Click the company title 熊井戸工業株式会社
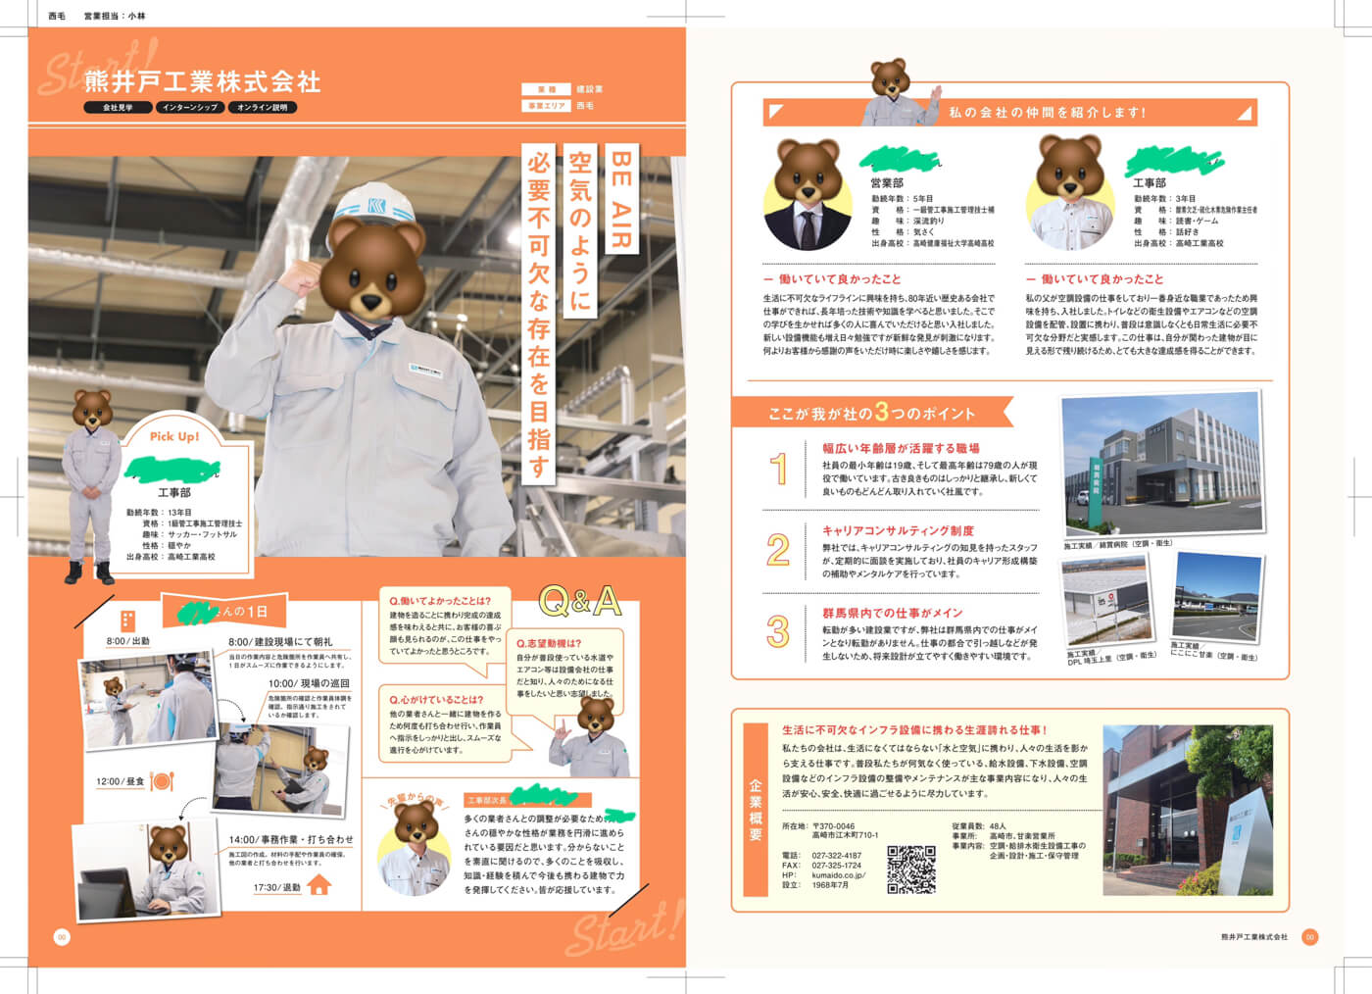[202, 81]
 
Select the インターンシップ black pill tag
[190, 108]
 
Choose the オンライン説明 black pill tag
[262, 108]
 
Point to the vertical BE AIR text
[620, 200]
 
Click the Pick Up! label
[174, 436]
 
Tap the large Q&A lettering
[579, 601]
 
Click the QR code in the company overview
[910, 870]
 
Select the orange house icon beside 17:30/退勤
[319, 885]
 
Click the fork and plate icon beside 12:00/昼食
[163, 781]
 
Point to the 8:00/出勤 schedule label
[127, 641]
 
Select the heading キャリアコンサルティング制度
[898, 530]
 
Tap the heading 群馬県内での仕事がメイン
[892, 613]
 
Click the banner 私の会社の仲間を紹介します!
[1047, 113]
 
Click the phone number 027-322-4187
[836, 856]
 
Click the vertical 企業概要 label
[756, 810]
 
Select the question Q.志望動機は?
[549, 643]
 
